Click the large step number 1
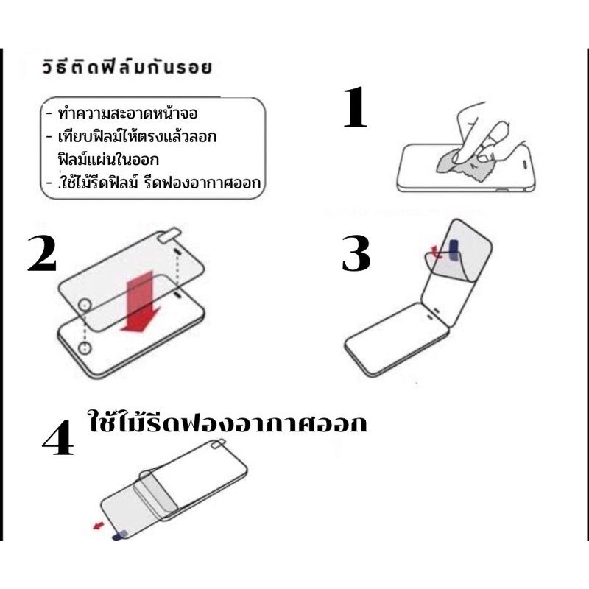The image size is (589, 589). (x=356, y=107)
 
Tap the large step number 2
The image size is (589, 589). (x=42, y=254)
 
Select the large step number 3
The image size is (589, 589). (x=356, y=253)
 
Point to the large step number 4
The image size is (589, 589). (x=58, y=437)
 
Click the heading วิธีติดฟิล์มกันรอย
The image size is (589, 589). (x=127, y=67)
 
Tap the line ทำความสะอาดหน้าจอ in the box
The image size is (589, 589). (x=127, y=113)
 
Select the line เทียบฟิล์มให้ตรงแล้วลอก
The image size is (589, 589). (x=137, y=136)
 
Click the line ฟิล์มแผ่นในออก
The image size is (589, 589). (x=108, y=159)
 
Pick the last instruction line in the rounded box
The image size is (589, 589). (x=159, y=183)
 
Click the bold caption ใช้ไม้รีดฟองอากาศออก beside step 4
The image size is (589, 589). (x=228, y=422)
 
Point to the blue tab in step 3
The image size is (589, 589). (x=454, y=250)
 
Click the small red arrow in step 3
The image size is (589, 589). (x=436, y=252)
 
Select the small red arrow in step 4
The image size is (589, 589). (x=99, y=525)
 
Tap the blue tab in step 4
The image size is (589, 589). (x=120, y=535)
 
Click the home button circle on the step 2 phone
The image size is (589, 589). (x=85, y=348)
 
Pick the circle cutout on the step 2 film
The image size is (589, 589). (x=84, y=305)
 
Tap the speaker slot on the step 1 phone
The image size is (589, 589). (x=525, y=163)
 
